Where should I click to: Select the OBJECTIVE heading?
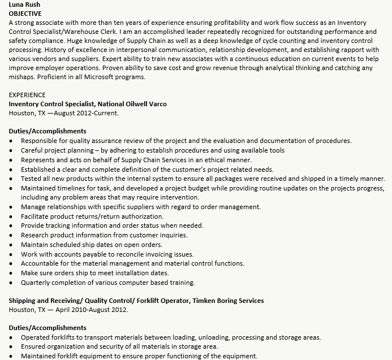click(25, 12)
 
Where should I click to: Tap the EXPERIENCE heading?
click(27, 95)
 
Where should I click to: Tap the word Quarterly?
click(36, 283)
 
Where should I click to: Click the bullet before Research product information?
click(12, 235)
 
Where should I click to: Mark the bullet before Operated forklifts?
click(12, 337)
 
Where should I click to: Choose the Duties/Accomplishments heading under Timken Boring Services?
click(48, 328)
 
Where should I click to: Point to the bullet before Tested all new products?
click(12, 179)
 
